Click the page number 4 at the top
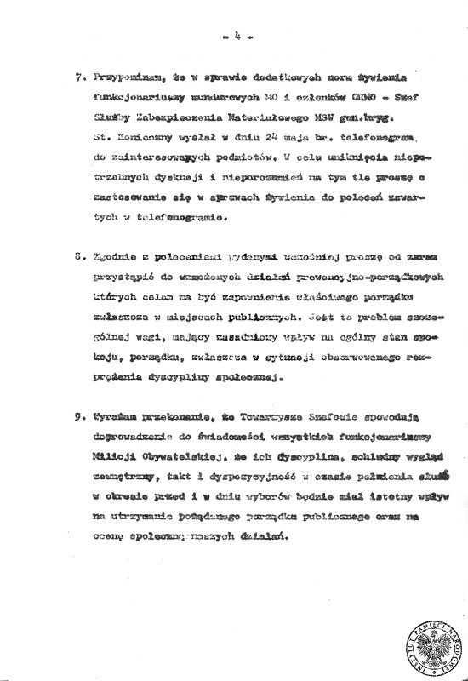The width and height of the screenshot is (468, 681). [232, 37]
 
